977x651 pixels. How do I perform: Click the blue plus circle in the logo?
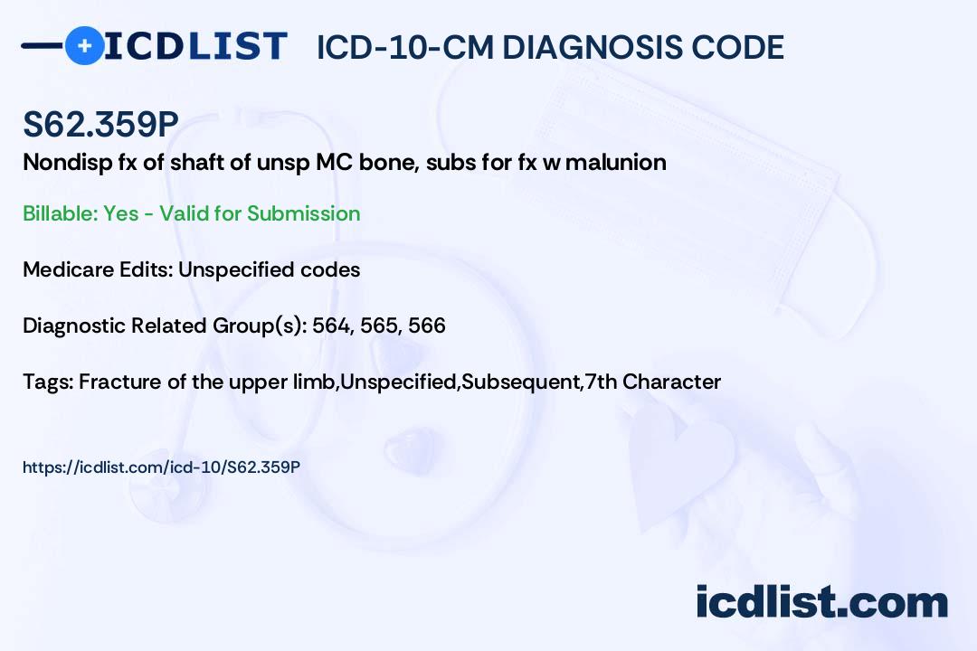(84, 45)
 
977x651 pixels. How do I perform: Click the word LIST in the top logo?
(237, 46)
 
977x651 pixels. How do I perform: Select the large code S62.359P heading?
(101, 124)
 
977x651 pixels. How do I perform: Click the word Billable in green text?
(59, 213)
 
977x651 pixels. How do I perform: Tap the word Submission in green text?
(303, 213)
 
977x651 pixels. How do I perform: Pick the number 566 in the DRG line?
(427, 325)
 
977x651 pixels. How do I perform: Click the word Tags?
(47, 382)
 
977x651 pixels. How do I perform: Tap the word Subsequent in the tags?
(520, 382)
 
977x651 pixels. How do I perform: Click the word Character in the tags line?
(671, 382)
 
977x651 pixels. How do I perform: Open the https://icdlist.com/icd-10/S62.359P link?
(161, 467)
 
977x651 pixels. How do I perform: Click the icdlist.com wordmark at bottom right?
(821, 601)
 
